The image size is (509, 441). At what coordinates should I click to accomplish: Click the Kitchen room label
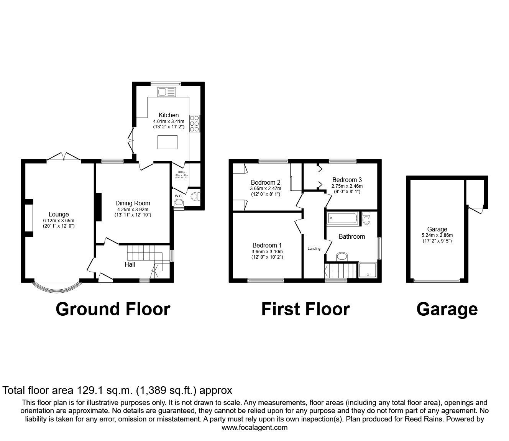pos(169,115)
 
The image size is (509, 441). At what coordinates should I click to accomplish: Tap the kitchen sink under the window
pos(167,92)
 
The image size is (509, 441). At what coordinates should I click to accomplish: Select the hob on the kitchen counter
pos(194,121)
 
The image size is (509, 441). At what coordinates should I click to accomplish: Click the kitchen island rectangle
pos(167,142)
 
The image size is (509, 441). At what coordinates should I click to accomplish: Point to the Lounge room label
pos(59,215)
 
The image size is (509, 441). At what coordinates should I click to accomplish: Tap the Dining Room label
pos(133,203)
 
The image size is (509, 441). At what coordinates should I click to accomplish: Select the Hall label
pos(130,264)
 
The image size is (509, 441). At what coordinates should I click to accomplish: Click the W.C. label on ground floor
pos(178,196)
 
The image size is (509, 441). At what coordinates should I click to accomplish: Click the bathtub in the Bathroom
pos(342,218)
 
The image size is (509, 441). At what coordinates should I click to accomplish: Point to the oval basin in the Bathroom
pos(342,256)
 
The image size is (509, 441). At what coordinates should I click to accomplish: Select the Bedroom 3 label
pos(347,180)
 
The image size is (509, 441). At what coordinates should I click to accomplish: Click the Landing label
pos(314,249)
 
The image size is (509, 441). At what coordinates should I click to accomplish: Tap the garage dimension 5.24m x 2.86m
pos(437,235)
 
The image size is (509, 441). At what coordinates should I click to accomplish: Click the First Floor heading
pos(305,309)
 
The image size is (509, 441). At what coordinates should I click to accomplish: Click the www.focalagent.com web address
pos(254,428)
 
